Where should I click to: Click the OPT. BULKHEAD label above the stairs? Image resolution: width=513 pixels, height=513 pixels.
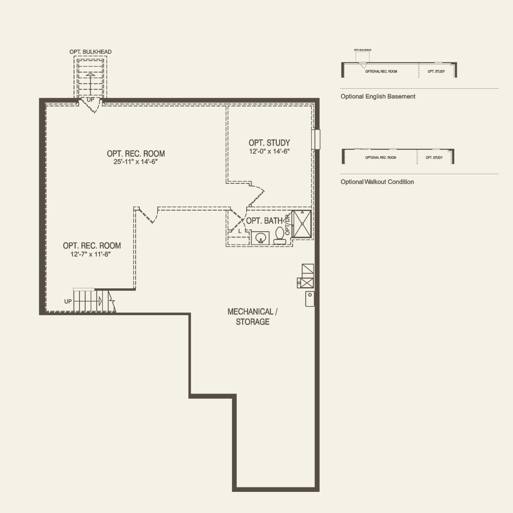click(90, 52)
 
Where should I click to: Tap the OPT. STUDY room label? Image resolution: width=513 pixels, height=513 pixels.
click(269, 143)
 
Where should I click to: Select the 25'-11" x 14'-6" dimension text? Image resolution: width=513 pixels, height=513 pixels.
click(136, 162)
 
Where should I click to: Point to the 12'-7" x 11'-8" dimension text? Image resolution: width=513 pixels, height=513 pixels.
click(91, 254)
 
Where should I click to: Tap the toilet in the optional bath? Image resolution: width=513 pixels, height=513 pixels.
click(280, 236)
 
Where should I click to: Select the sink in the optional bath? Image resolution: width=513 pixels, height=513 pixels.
click(260, 238)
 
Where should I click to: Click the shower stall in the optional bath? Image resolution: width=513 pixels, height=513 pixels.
click(302, 224)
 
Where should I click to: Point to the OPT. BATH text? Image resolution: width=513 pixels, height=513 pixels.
click(264, 221)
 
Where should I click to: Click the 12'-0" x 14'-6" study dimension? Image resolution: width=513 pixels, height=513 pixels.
click(269, 151)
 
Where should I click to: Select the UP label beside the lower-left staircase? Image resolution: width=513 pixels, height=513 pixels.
click(68, 302)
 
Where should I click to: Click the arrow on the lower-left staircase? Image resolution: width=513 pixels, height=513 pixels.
click(100, 301)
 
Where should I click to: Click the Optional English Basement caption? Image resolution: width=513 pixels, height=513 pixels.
click(378, 96)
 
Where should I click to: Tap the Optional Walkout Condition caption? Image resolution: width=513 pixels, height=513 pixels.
click(377, 182)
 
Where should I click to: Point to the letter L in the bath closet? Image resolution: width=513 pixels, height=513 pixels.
click(240, 231)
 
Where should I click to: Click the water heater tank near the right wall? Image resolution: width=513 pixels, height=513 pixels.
click(309, 299)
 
